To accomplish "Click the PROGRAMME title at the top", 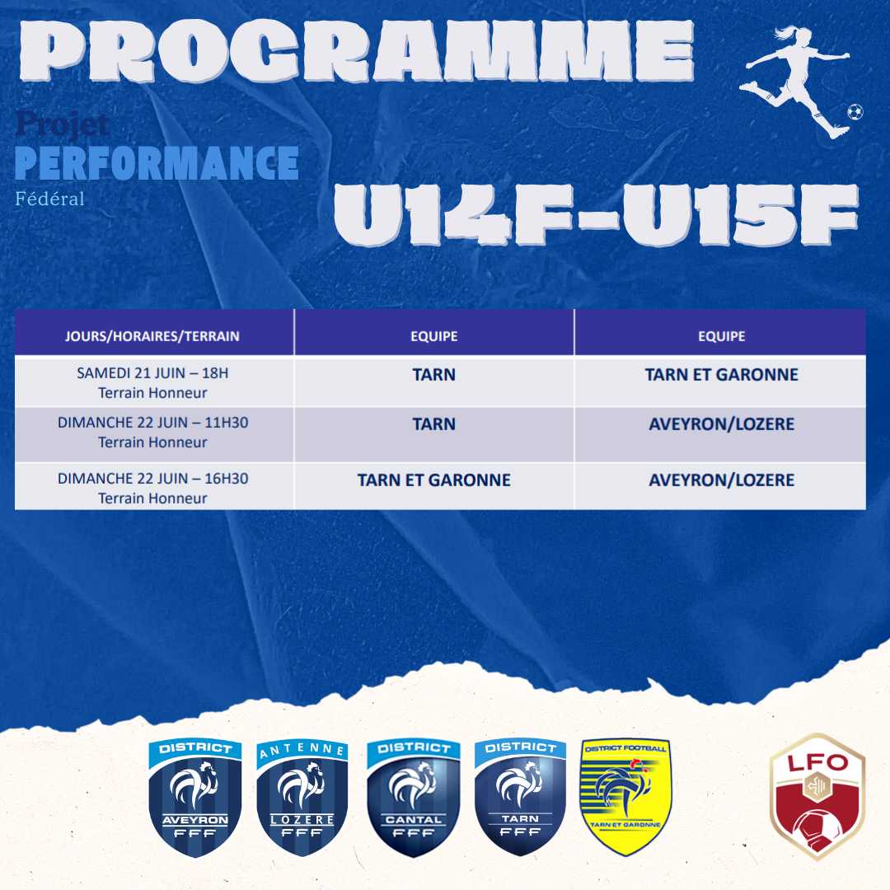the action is tap(357, 51).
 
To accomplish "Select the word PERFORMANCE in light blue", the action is tap(157, 163).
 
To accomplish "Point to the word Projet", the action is tap(63, 124).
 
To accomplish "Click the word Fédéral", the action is tap(50, 199).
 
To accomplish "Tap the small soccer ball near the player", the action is tap(855, 112).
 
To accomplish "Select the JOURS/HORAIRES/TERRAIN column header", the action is tap(152, 336).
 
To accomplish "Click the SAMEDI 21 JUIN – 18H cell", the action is tap(152, 382).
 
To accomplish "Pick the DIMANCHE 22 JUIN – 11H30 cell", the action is tap(152, 433).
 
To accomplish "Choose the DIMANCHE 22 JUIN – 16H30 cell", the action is tap(152, 488).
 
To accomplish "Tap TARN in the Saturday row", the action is tap(434, 375).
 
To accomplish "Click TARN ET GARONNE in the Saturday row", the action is tap(721, 375).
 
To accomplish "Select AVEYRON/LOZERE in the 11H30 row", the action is tap(721, 424).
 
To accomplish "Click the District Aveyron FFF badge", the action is tap(195, 798).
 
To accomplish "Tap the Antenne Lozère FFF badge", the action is tap(302, 798).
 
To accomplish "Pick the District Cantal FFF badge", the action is tap(414, 798).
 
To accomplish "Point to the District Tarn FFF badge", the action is tap(521, 797).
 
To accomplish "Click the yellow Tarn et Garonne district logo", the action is tap(625, 797).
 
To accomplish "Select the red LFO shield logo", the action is tap(817, 797).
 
